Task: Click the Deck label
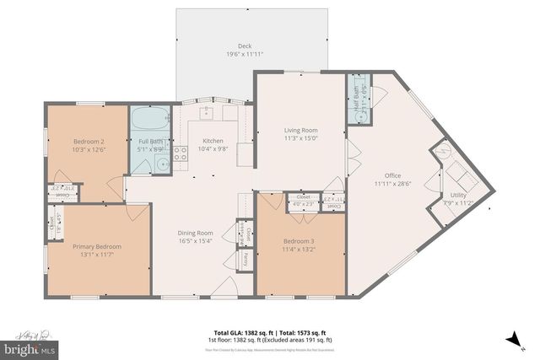[x=245, y=46]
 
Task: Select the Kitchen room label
[x=213, y=142]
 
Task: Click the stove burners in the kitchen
[x=181, y=153]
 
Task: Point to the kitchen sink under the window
[x=205, y=112]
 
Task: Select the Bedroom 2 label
[x=89, y=142]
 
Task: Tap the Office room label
[x=387, y=175]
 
